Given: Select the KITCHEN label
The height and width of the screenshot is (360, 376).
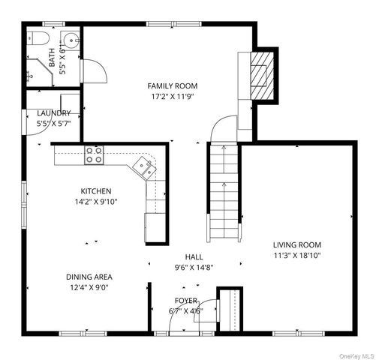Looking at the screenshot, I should pyautogui.click(x=96, y=191).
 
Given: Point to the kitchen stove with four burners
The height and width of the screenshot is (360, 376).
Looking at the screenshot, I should pyautogui.click(x=94, y=155).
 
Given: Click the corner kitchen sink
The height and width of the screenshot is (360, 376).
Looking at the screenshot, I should pyautogui.click(x=145, y=166).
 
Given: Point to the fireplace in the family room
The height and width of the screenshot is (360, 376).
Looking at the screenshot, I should pyautogui.click(x=260, y=75).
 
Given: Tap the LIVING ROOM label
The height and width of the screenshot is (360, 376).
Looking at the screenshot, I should pyautogui.click(x=296, y=245).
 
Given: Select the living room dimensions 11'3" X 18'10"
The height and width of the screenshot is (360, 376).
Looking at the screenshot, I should pyautogui.click(x=296, y=256).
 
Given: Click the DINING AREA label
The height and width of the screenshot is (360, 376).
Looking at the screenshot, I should pyautogui.click(x=89, y=276).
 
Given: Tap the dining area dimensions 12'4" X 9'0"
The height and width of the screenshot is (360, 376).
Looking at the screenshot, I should pyautogui.click(x=89, y=286).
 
